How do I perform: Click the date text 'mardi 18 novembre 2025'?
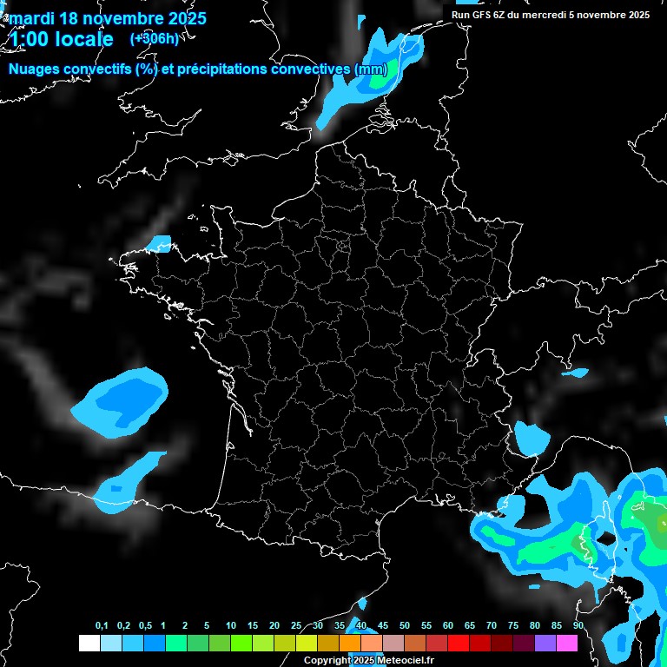[107, 18]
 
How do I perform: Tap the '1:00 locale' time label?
[61, 39]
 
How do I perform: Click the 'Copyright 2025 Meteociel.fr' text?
[368, 661]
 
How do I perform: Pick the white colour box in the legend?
[89, 643]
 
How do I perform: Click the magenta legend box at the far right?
[567, 643]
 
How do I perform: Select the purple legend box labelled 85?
[545, 643]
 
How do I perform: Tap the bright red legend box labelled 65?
[459, 643]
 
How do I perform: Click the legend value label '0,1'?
[102, 626]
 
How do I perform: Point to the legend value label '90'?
[578, 626]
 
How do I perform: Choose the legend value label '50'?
[405, 626]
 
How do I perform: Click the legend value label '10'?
[231, 626]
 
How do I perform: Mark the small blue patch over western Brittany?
[159, 243]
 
